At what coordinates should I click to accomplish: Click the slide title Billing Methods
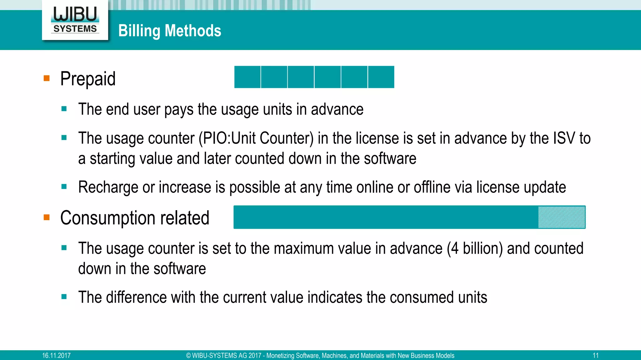(170, 31)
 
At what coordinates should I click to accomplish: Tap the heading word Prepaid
(88, 79)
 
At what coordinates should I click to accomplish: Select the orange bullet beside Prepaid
(47, 78)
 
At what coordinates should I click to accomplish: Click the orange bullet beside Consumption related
(47, 217)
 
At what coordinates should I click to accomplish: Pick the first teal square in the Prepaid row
(247, 77)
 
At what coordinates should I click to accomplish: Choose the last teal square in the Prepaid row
(381, 77)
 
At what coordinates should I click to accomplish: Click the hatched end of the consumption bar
(562, 217)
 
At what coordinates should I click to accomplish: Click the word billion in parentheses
(482, 249)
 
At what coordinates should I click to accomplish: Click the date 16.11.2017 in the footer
(56, 356)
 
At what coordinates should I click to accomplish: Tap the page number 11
(596, 356)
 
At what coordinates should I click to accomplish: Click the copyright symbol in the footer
(188, 356)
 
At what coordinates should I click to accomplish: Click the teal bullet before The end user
(64, 109)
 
